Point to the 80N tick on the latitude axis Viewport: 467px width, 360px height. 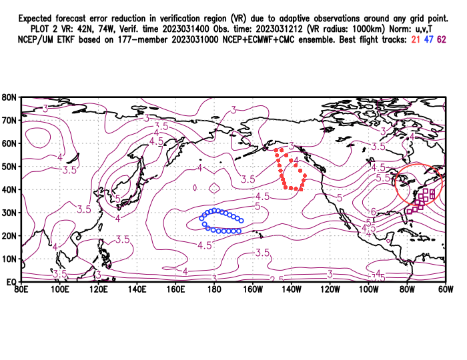[9, 97]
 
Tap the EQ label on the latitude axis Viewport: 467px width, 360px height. [11, 282]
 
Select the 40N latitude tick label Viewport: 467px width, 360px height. [9, 189]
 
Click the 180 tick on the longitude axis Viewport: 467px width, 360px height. [213, 289]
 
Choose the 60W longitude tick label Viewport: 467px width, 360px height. [446, 289]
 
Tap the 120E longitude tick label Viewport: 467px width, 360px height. [97, 289]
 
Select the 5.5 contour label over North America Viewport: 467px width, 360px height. [383, 179]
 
